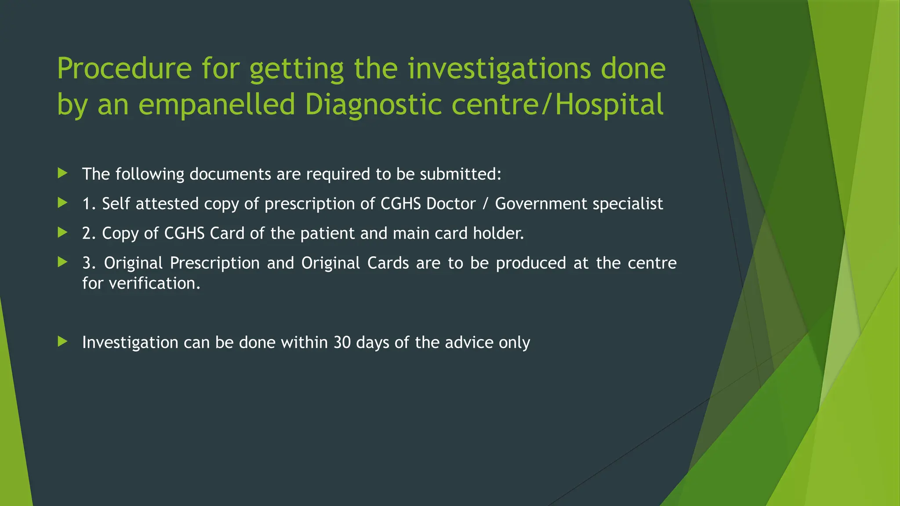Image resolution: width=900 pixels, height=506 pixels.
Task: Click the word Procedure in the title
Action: (x=124, y=69)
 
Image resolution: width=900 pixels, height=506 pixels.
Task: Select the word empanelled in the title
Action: (x=217, y=105)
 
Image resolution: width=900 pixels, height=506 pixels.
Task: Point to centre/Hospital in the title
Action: (x=558, y=105)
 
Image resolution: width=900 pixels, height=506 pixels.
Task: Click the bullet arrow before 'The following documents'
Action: (x=62, y=173)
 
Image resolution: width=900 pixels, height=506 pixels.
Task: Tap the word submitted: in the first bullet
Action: (x=461, y=174)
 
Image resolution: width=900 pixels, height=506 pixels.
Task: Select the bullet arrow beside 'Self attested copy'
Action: (x=62, y=202)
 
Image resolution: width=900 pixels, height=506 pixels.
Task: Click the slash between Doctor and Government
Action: (x=485, y=204)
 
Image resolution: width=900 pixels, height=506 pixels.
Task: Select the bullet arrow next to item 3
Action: (x=62, y=262)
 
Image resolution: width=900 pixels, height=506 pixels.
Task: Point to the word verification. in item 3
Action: (x=154, y=283)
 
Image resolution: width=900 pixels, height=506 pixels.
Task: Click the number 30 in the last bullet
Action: (x=342, y=343)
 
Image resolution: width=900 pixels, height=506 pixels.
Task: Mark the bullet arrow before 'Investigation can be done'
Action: (x=62, y=341)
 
